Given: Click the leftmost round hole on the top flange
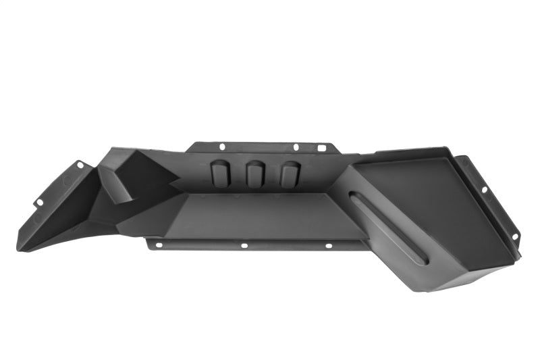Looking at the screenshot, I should click(222, 145).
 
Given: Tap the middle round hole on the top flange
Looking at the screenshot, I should click(295, 147).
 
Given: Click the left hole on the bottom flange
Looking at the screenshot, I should click(159, 245).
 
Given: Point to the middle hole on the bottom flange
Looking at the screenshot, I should click(244, 246).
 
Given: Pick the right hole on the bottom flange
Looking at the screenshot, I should click(329, 246).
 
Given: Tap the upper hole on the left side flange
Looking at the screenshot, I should click(80, 164).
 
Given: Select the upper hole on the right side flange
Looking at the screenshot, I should click(483, 190).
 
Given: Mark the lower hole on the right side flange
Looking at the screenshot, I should click(514, 236).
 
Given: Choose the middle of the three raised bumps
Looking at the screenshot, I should click(254, 175).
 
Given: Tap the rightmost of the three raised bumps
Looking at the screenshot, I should click(289, 175).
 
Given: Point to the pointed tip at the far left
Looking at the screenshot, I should click(20, 247).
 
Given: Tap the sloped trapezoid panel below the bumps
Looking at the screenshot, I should click(263, 215).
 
